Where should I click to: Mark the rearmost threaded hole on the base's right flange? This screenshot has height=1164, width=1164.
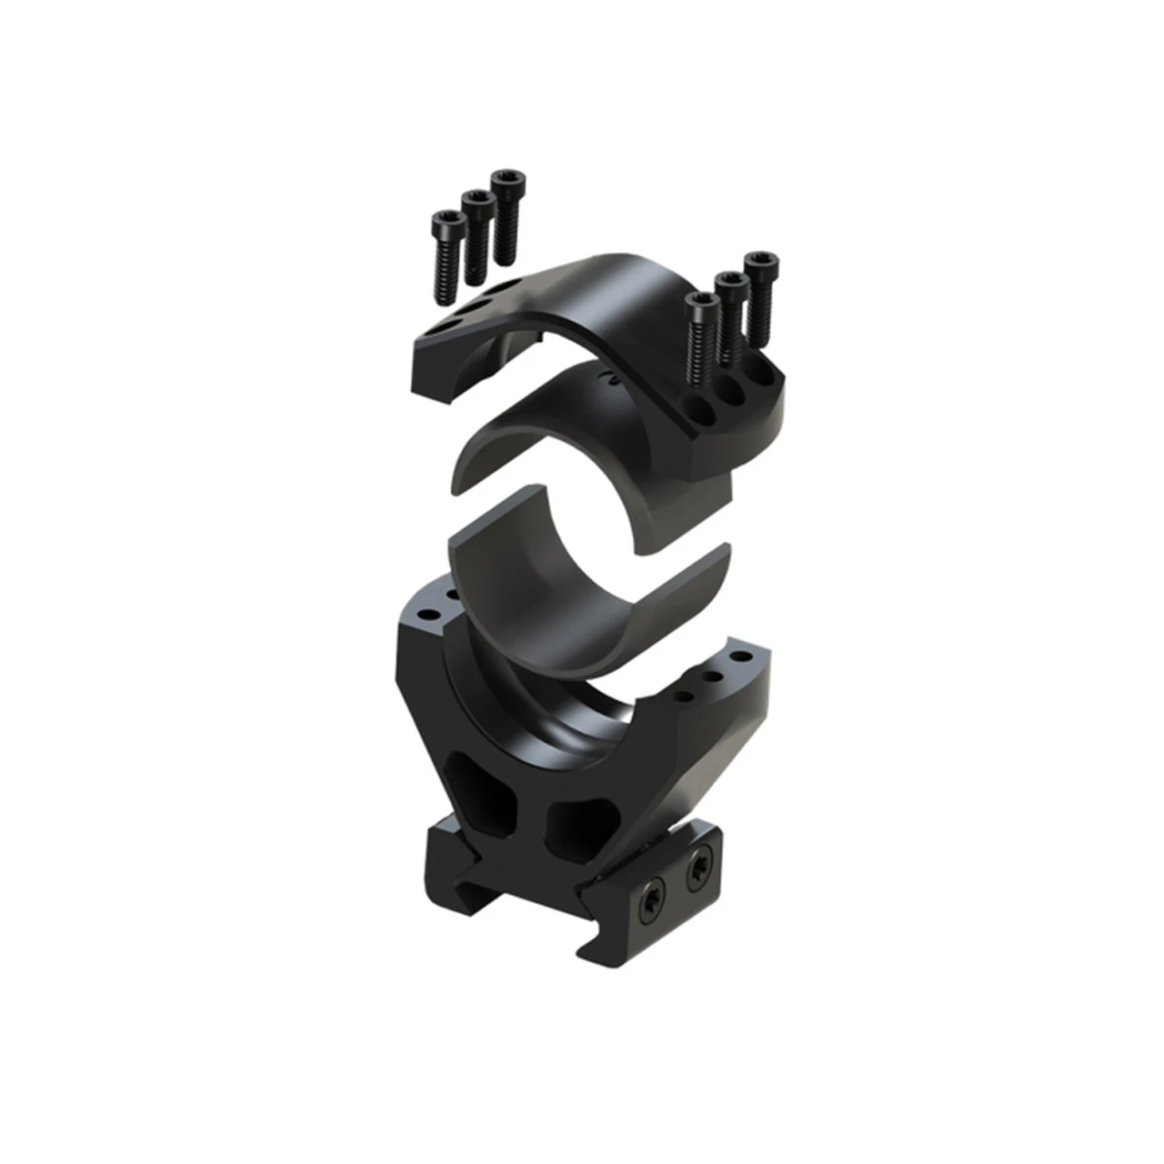(743, 656)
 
